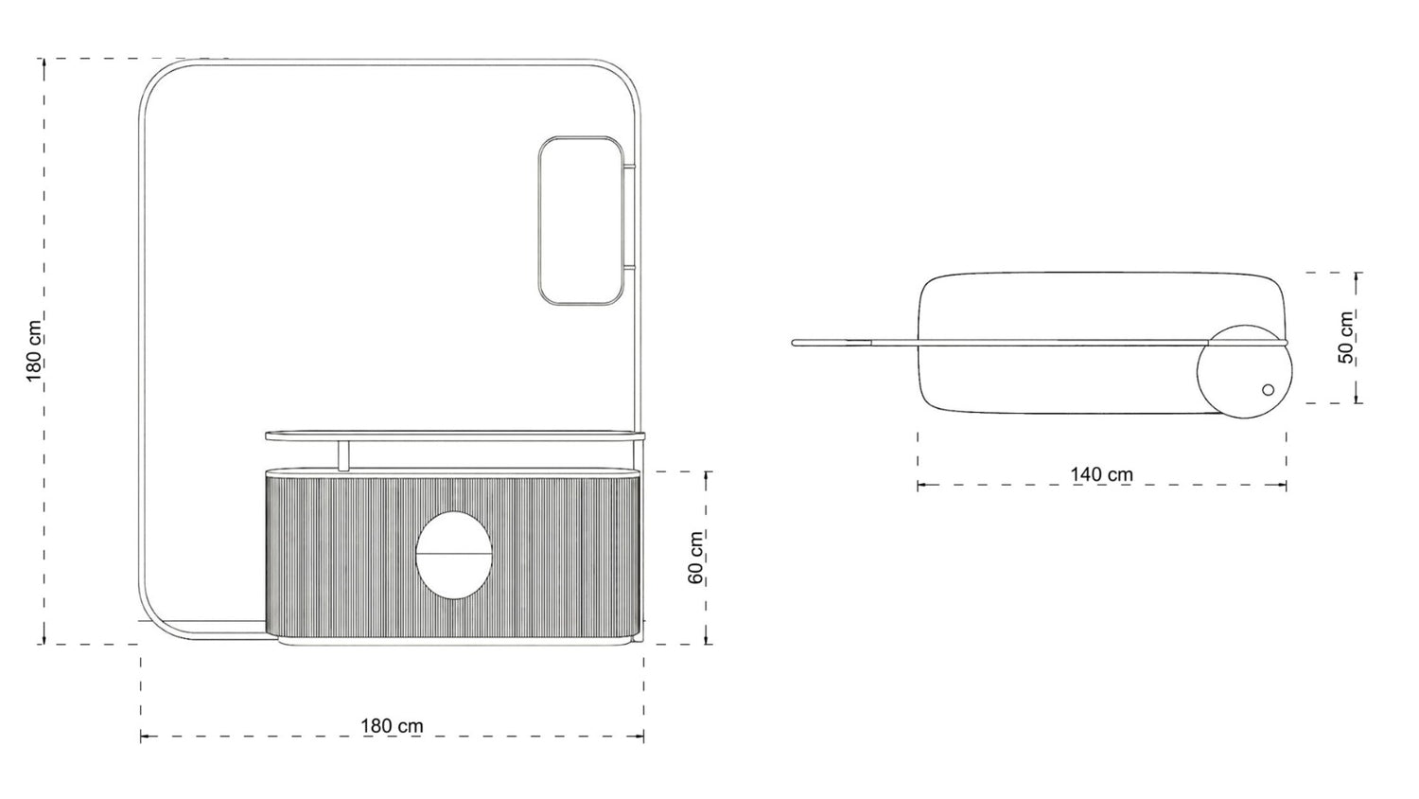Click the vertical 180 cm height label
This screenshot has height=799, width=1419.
point(34,351)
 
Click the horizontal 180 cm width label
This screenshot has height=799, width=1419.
point(393,726)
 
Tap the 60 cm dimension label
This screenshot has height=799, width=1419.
point(695,558)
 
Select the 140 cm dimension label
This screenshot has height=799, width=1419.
point(1102,474)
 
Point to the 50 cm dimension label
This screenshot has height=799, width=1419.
point(1346,337)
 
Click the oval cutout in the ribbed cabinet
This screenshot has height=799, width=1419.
point(453,556)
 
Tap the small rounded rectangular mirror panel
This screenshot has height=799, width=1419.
point(580,221)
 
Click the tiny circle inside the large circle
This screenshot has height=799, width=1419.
point(1268,389)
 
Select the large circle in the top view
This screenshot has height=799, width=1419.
point(1244,372)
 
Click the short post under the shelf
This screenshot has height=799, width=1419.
point(343,456)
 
